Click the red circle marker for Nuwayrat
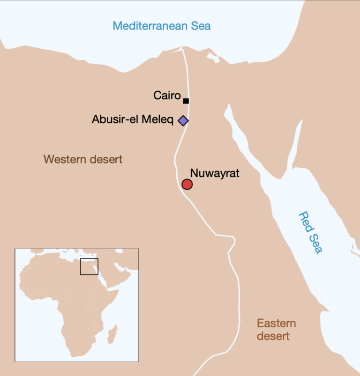pyautogui.click(x=187, y=184)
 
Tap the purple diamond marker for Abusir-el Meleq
pyautogui.click(x=183, y=121)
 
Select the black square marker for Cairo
pyautogui.click(x=186, y=101)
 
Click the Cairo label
pyautogui.click(x=167, y=96)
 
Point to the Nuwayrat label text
pyautogui.click(x=215, y=173)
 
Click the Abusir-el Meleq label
pyautogui.click(x=133, y=119)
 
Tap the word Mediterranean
pyautogui.click(x=149, y=26)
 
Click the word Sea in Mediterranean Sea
pyautogui.click(x=200, y=26)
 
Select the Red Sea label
pyautogui.click(x=311, y=233)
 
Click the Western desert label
pyautogui.click(x=83, y=159)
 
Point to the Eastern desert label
pyautogui.click(x=277, y=329)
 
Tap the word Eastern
pyautogui.click(x=277, y=323)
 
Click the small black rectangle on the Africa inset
pyautogui.click(x=89, y=266)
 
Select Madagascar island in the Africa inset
pyautogui.click(x=112, y=334)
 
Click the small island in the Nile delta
pyautogui.click(x=213, y=58)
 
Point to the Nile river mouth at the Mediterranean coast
pyautogui.click(x=182, y=47)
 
